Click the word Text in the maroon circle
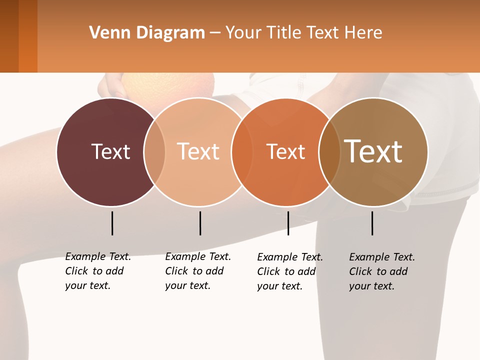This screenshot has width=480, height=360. coord(110,151)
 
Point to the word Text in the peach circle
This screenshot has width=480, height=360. coord(198,151)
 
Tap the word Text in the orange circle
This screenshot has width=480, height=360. coord(286,151)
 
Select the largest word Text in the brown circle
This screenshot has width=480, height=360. coord(373,151)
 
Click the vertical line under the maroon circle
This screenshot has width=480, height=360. coord(112,223)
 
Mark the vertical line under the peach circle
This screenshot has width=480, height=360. coord(200,223)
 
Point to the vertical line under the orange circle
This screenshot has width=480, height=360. coord(288,223)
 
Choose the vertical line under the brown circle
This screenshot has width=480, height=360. coord(372,223)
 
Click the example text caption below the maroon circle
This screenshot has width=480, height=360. coord(98,271)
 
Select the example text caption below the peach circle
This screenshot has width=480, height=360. coord(198,271)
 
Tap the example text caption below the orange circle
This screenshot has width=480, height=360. coord(290,271)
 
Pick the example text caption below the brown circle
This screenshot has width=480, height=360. coord(382,271)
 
